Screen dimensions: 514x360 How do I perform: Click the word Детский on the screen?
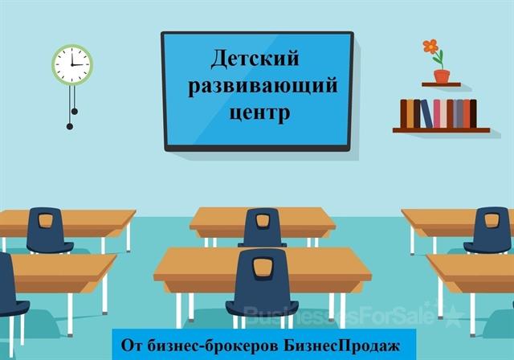point(255,59)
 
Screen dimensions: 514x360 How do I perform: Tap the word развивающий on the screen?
point(263,86)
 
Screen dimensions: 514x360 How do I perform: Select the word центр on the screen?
point(259,113)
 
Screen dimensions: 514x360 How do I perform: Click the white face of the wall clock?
point(72,64)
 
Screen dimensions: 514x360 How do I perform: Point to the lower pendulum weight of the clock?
point(70,126)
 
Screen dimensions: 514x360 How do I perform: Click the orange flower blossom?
point(430,47)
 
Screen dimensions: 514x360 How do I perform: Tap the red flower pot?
point(442,76)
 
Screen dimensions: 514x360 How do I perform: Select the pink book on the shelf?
point(437,113)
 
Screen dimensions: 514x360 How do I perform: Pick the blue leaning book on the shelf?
point(426,113)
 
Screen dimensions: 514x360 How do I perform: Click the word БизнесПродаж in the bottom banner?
point(341,346)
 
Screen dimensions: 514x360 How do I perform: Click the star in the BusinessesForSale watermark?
point(453,316)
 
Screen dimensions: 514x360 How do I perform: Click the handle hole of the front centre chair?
point(263,268)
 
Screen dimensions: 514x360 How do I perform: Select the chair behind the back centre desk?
point(263,227)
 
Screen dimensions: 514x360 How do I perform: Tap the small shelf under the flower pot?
point(441,84)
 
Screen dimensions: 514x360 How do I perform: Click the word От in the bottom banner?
point(132,346)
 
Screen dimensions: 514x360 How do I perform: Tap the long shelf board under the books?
point(441,130)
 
